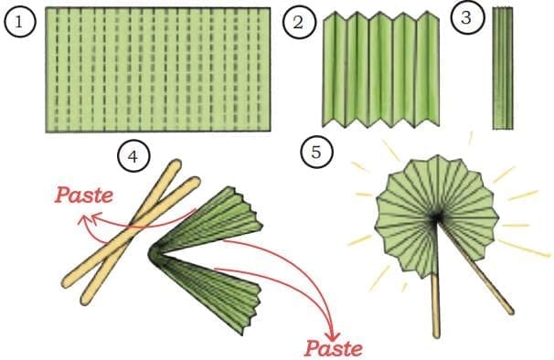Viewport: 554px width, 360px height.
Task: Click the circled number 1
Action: click(x=20, y=22)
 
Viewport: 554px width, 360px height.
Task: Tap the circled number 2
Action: click(x=298, y=23)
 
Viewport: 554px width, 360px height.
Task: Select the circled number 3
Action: click(x=466, y=17)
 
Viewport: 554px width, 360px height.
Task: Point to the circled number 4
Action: click(x=133, y=156)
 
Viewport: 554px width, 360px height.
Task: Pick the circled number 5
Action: click(x=316, y=152)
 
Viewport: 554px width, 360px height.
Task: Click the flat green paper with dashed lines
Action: click(x=158, y=69)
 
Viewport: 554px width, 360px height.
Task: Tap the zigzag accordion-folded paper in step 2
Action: click(x=380, y=69)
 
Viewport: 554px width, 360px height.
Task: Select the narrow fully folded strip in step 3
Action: click(x=503, y=69)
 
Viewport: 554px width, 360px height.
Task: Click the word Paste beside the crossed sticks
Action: click(x=84, y=195)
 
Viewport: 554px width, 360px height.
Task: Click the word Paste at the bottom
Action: click(x=333, y=348)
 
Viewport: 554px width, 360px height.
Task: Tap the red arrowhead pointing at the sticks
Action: click(x=86, y=218)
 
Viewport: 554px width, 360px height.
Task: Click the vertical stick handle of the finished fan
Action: click(x=436, y=305)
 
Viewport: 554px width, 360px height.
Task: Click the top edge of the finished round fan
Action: click(x=437, y=156)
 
